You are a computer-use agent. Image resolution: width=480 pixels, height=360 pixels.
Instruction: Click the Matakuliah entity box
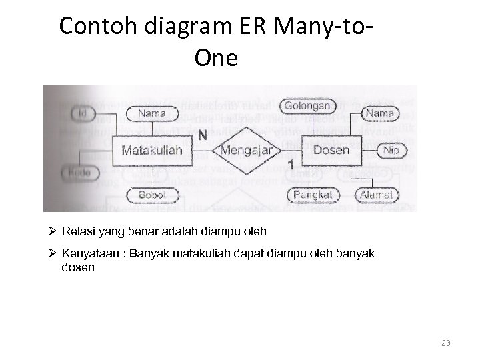[x=152, y=150]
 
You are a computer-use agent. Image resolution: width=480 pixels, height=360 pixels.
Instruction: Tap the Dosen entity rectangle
[x=331, y=150]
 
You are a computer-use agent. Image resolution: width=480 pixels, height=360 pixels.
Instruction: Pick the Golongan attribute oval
[x=307, y=106]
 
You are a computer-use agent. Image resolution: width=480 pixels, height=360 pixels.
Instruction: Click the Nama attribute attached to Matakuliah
[x=152, y=113]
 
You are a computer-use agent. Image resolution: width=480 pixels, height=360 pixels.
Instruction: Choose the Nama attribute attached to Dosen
[x=379, y=114]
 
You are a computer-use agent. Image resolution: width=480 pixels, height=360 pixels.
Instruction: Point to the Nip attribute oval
[x=391, y=151]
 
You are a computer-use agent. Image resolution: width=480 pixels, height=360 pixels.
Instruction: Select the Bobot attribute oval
[x=152, y=195]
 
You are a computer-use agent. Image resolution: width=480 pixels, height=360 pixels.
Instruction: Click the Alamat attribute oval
[x=377, y=195]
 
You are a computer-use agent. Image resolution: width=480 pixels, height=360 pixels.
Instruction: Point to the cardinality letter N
[x=202, y=134]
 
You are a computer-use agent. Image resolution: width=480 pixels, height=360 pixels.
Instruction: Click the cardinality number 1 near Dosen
[x=291, y=165]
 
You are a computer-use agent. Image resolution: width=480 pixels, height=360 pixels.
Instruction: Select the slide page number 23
[x=446, y=343]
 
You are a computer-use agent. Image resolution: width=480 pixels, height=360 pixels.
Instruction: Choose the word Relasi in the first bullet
[x=75, y=232]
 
